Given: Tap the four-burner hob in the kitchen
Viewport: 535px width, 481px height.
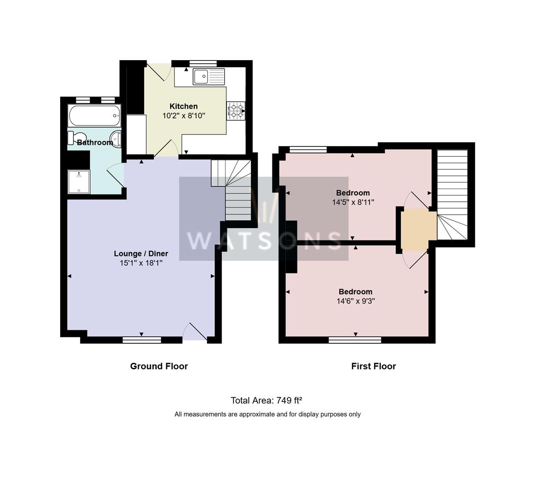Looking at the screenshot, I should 236,110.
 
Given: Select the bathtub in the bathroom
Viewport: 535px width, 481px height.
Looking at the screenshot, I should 94,115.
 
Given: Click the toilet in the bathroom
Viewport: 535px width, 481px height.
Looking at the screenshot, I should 77,138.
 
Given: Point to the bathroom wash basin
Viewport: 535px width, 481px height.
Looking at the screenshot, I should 116,139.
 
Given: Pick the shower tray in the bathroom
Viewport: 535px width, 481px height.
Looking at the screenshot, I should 79,182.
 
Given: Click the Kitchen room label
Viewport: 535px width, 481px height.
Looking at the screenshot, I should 183,106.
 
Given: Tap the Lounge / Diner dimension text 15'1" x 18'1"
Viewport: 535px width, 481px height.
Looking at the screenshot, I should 141,263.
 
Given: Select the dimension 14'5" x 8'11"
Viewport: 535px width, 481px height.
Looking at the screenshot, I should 353,202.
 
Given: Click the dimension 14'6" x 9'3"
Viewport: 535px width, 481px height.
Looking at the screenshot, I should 355,301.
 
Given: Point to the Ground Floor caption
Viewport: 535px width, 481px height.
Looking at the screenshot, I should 159,366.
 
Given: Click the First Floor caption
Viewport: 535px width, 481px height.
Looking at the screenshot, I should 373,366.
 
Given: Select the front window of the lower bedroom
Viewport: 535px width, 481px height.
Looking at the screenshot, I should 355,340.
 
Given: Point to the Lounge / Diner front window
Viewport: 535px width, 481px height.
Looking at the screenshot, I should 142,340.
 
